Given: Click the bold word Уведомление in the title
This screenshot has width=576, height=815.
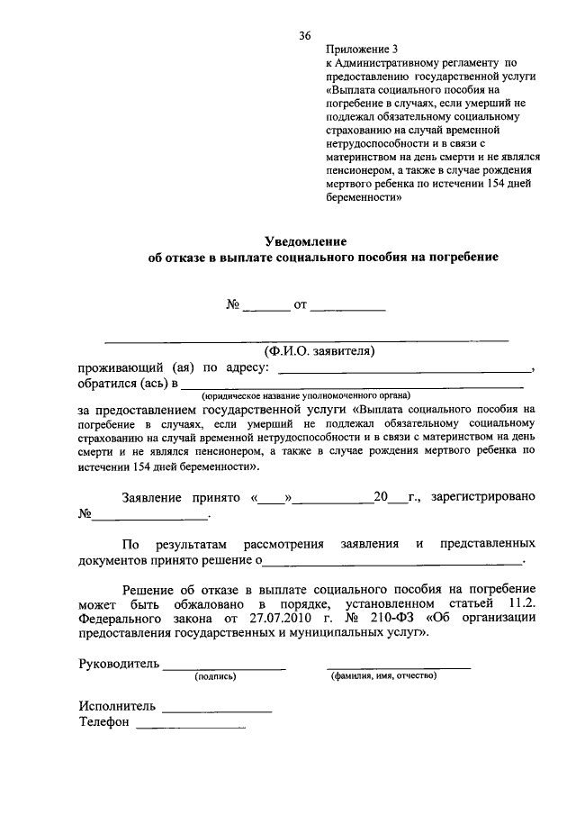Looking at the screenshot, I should click(x=305, y=241).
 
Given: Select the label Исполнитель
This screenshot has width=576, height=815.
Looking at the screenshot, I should click(x=117, y=707).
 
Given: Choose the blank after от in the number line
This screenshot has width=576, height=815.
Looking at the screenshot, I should click(x=348, y=307).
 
